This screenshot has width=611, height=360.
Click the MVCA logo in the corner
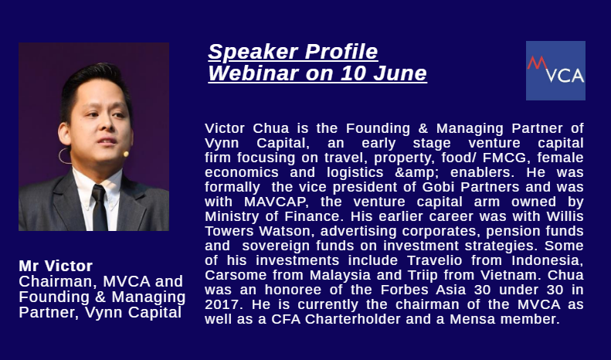tap(555, 70)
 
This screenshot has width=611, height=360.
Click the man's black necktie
tap(100, 208)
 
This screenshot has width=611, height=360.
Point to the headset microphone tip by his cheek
tap(126, 155)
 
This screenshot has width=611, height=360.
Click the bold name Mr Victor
tap(56, 266)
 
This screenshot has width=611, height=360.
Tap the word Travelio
tap(434, 260)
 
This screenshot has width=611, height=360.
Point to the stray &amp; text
tap(417, 172)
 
